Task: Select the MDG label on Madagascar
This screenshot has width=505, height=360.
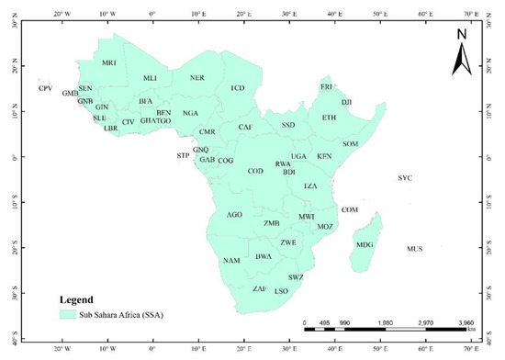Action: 365,244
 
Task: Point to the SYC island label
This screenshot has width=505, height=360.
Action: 406,177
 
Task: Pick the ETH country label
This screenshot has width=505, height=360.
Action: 329,118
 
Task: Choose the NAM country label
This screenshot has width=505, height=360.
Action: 231,261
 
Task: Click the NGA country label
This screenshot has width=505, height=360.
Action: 190,113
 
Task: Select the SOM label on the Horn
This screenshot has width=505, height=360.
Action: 350,144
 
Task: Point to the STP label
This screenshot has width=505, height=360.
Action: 182,156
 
